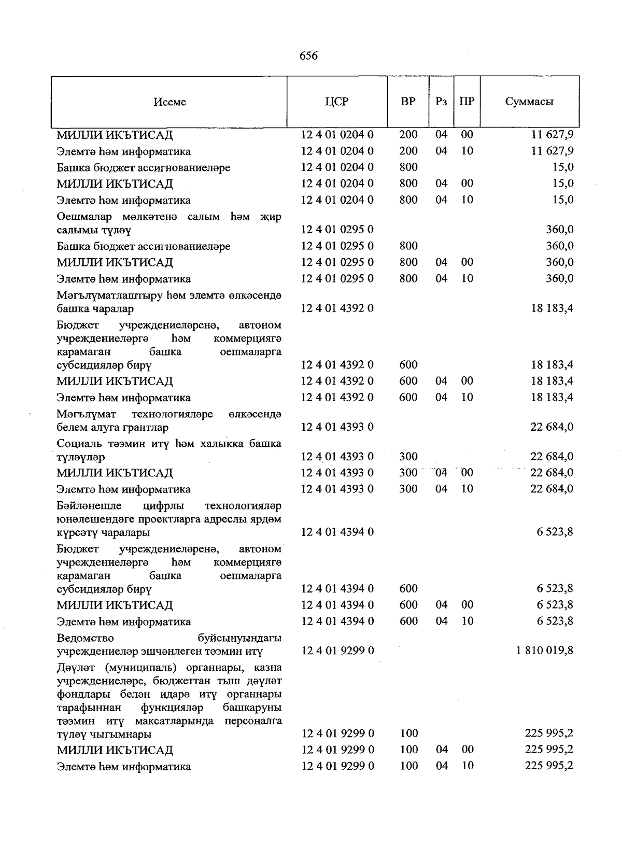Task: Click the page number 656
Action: tap(308, 56)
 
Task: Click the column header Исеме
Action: tap(169, 102)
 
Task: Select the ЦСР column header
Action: tap(337, 102)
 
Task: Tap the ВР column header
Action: tap(408, 102)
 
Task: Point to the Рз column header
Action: tap(441, 102)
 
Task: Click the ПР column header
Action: tap(466, 102)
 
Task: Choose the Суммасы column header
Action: tap(529, 102)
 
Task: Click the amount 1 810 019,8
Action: tap(544, 651)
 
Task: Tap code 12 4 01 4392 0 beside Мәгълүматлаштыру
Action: tap(337, 309)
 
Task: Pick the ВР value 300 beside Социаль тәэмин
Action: tap(408, 457)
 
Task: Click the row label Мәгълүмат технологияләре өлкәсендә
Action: tap(169, 421)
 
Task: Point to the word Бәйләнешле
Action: tap(89, 505)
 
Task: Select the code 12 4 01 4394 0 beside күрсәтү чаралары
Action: tap(337, 532)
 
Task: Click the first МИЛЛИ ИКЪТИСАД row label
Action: tap(115, 135)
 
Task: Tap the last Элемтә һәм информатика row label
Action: tap(123, 767)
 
